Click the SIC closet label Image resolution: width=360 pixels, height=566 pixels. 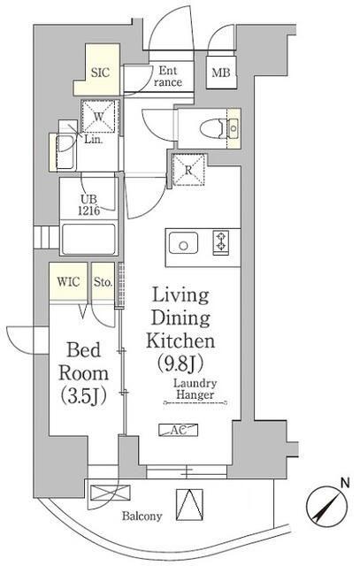(100, 73)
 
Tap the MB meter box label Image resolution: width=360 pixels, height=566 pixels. (220, 73)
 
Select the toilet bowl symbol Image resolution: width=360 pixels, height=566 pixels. (212, 128)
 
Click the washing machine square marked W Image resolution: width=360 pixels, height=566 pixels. (98, 117)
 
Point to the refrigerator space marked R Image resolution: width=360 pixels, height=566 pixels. (189, 170)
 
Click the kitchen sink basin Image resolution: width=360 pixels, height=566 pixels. (183, 243)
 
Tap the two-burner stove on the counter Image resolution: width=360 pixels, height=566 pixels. (221, 241)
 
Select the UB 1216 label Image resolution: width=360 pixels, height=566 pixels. (88, 205)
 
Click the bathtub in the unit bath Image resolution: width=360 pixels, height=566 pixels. (88, 240)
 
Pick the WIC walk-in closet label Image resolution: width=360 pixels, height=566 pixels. (68, 282)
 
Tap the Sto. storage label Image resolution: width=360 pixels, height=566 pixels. (103, 282)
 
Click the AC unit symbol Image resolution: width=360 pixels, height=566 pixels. (179, 430)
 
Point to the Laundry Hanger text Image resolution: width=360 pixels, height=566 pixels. (195, 389)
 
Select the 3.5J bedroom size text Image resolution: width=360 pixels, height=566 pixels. (84, 395)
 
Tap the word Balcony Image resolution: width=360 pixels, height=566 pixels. (142, 516)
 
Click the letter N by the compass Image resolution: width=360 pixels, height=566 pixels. (345, 483)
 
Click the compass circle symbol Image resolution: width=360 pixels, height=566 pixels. (327, 507)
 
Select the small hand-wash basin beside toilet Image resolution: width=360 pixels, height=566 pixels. (234, 128)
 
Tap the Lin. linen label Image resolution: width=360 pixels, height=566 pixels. (94, 140)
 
